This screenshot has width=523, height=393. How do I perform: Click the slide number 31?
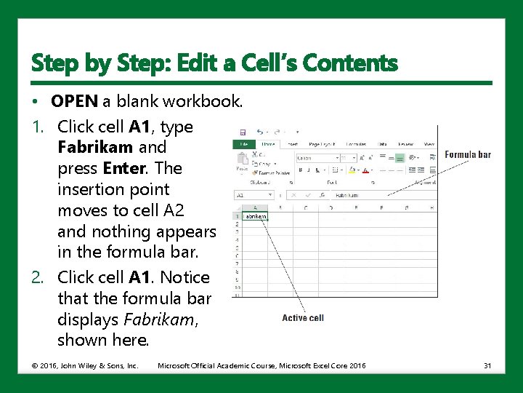click(x=487, y=365)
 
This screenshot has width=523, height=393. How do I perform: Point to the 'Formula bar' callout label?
click(x=468, y=154)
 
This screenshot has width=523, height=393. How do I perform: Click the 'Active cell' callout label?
click(x=303, y=318)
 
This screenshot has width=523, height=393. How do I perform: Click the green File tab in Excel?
click(x=243, y=144)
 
